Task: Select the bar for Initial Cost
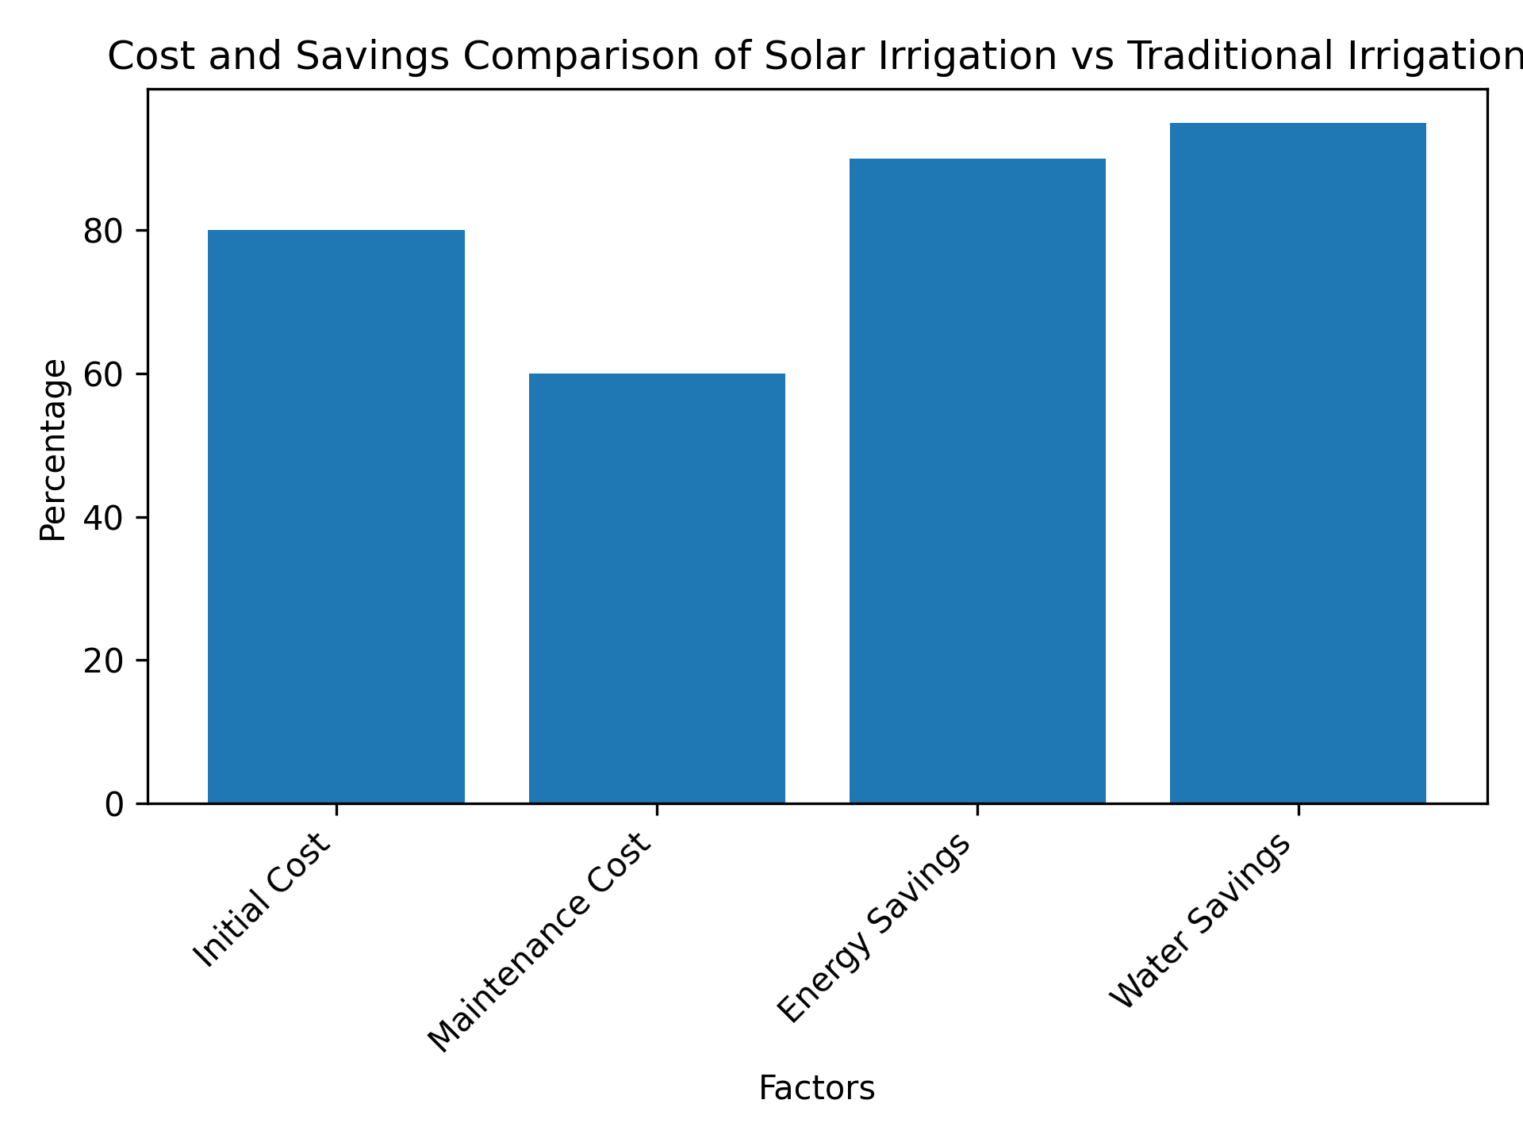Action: (336, 516)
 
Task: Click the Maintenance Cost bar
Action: (657, 588)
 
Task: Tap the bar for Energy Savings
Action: (977, 481)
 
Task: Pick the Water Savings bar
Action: (1298, 463)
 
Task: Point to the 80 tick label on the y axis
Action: (104, 231)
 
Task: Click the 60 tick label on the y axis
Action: (104, 374)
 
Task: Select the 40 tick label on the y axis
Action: (104, 517)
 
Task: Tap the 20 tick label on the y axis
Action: (104, 661)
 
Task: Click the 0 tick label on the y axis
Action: (114, 804)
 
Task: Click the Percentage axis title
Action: (53, 450)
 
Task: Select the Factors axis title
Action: (816, 1088)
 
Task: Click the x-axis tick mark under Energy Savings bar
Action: (977, 809)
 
